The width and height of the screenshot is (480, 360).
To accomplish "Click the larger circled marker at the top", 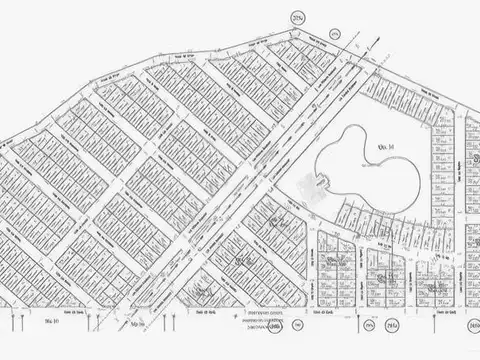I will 297,18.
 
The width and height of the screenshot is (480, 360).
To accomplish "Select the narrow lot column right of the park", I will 441,170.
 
